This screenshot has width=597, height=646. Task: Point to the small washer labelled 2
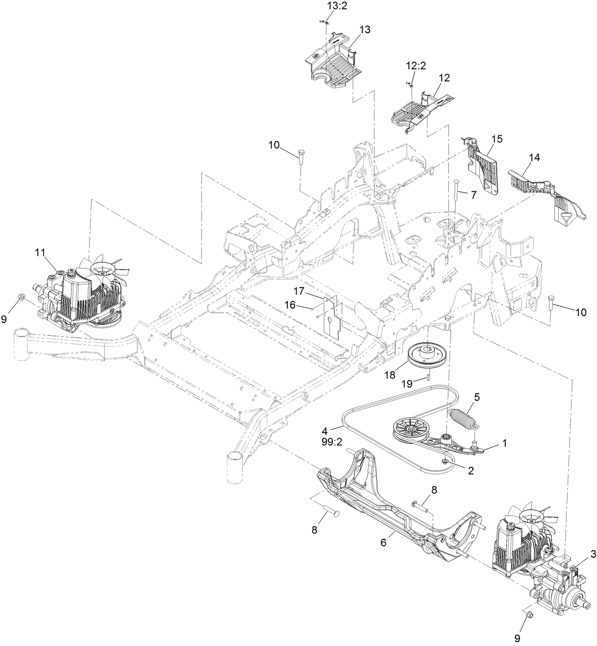click(445, 462)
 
